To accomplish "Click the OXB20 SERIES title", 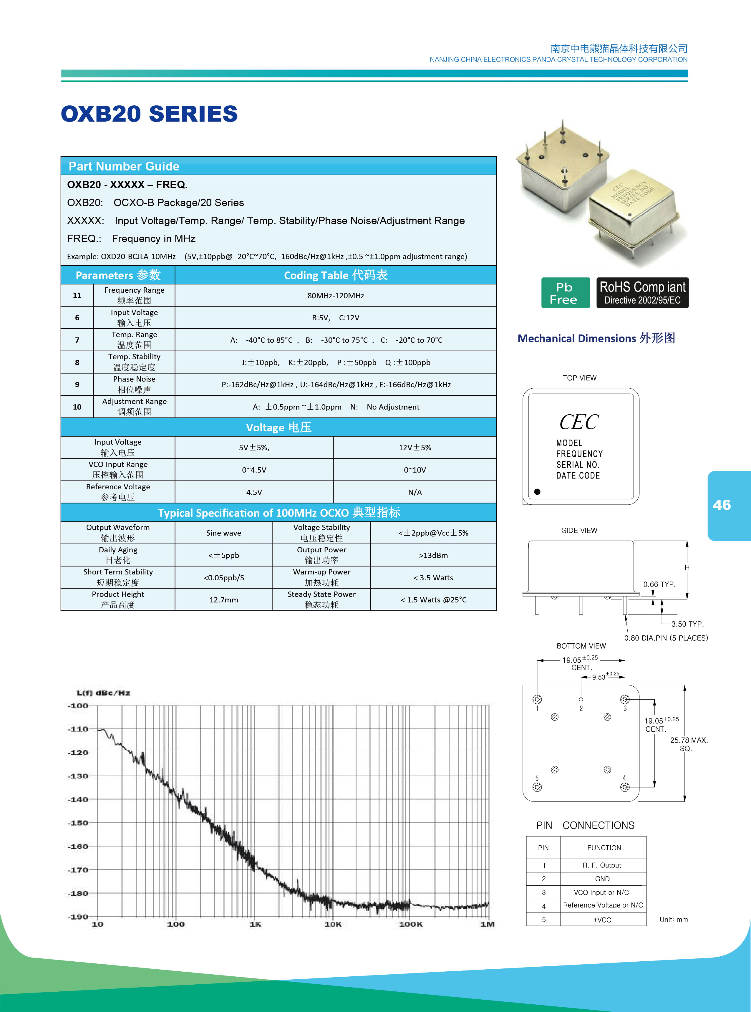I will click(149, 114).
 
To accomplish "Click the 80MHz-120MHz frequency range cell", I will click(336, 296).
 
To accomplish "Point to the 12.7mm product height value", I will click(224, 600).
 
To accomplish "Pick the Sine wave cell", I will click(224, 533).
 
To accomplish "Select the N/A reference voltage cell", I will click(415, 492).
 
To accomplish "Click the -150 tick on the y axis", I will click(78, 823).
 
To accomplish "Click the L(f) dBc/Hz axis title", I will click(103, 693).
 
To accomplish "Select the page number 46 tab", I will click(722, 505).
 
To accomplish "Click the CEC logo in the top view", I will click(579, 422).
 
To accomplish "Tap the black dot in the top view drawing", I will click(537, 491).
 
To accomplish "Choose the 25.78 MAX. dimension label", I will click(689, 740).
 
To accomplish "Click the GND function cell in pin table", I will click(602, 879).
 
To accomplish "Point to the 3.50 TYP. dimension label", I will click(687, 624).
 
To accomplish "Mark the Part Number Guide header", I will click(124, 166).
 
